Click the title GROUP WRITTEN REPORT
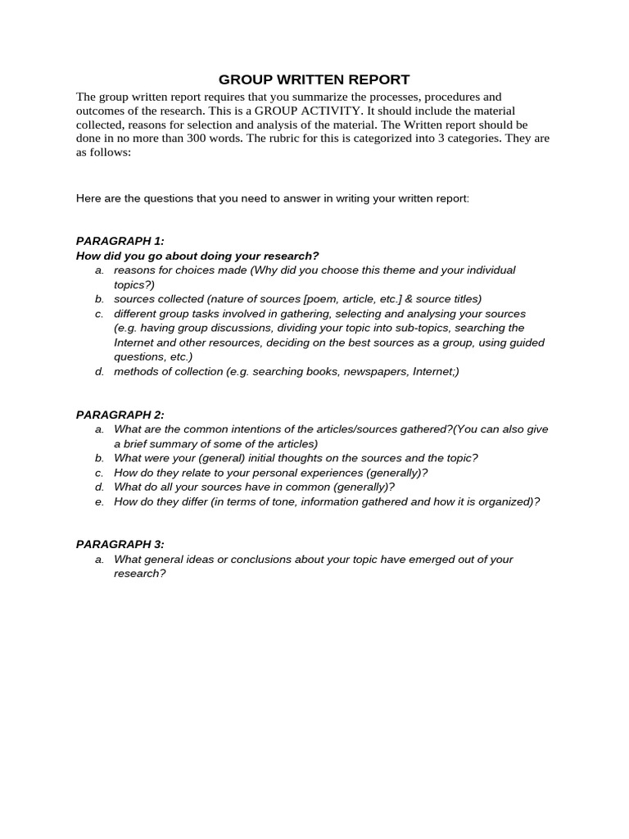(x=314, y=79)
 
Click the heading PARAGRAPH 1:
(x=120, y=241)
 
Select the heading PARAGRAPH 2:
(x=120, y=415)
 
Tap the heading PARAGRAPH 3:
(x=120, y=544)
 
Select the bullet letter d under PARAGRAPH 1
(x=99, y=372)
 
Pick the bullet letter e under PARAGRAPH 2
(x=99, y=502)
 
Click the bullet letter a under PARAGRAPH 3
(x=99, y=560)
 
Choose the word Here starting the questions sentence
(x=89, y=198)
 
